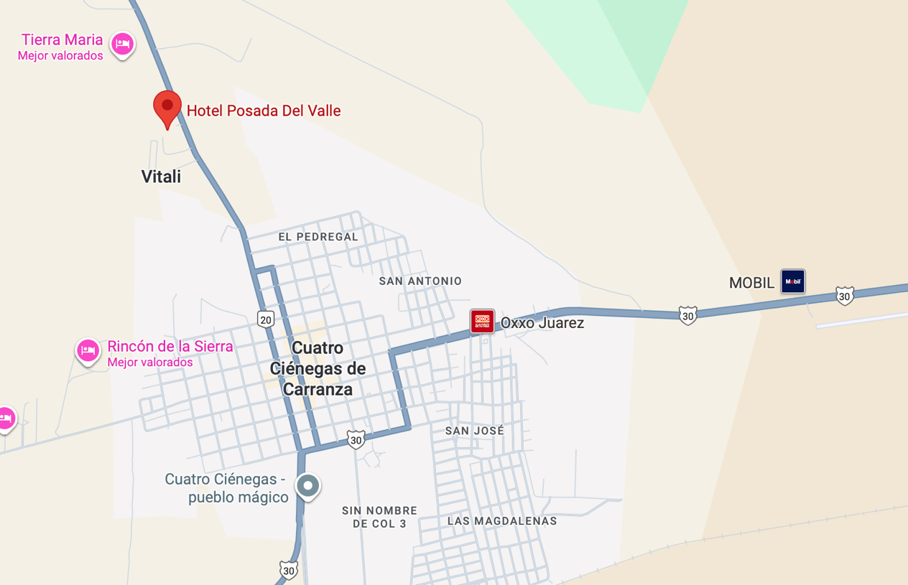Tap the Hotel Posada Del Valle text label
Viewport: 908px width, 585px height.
263,111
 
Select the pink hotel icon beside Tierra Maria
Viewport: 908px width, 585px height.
122,45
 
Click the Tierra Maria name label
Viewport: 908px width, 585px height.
62,40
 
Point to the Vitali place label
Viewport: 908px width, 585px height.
161,177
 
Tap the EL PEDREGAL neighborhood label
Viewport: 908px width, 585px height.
318,237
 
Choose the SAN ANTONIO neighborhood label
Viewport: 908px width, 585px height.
420,281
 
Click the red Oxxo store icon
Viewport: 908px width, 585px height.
482,322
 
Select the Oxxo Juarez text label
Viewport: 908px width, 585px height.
542,323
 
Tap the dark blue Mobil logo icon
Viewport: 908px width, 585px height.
793,281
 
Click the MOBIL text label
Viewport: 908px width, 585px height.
751,283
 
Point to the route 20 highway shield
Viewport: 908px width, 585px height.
266,319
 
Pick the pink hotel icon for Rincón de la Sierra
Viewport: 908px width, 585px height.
88,351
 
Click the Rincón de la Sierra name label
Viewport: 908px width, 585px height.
170,347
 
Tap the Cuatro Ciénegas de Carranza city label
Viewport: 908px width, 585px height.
318,368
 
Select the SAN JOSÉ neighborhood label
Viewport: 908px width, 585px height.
474,431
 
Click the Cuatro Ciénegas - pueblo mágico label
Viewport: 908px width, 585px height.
226,488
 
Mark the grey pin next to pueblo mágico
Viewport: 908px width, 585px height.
308,486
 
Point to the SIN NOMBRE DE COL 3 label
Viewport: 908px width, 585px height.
379,517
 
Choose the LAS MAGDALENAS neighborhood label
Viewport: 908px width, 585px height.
502,521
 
